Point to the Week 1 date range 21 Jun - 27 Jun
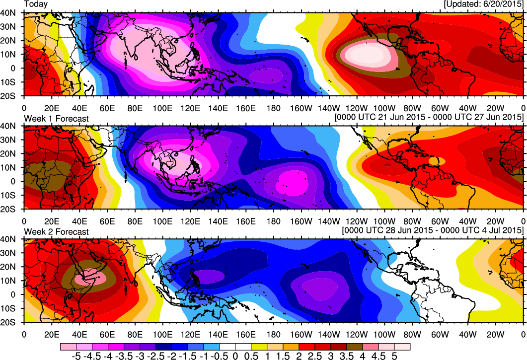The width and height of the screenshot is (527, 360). (430, 117)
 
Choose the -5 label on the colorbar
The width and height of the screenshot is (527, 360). (76, 356)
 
